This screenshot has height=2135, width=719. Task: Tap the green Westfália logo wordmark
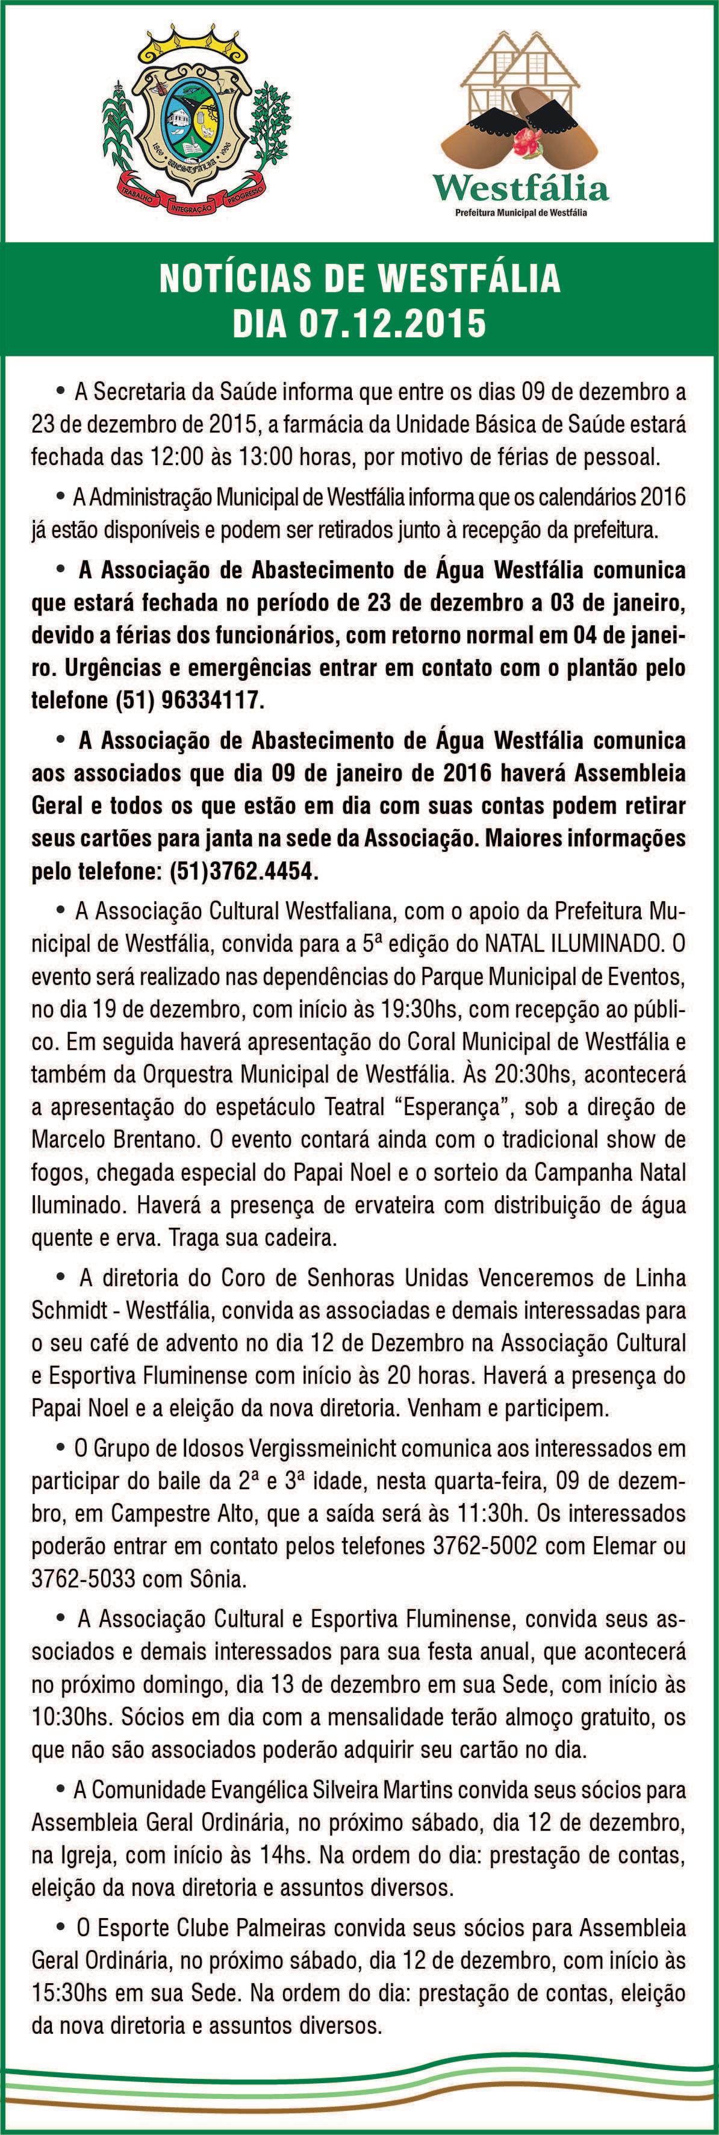pos(521,189)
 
